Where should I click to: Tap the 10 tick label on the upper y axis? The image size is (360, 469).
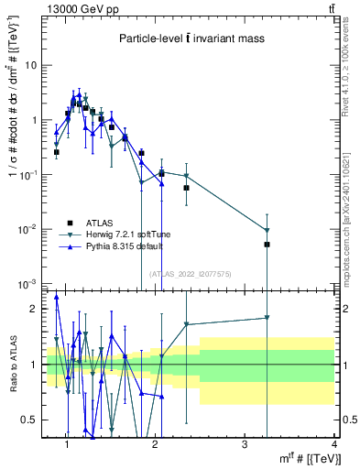(31, 66)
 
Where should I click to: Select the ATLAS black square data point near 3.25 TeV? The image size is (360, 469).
(267, 245)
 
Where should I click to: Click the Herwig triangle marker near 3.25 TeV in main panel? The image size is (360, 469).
(267, 230)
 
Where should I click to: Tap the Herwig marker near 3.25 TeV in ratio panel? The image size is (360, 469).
(267, 318)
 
